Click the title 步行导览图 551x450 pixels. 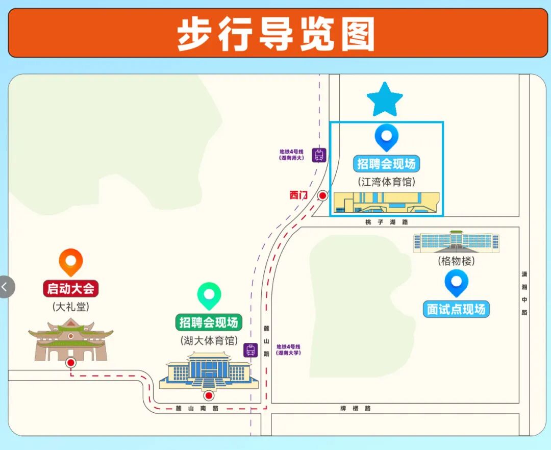(276, 34)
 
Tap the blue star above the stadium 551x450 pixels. (385, 99)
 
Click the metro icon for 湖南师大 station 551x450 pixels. (319, 155)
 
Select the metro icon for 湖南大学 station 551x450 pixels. (251, 350)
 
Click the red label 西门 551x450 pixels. (299, 194)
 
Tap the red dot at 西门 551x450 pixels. (322, 195)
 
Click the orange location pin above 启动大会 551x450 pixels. (71, 262)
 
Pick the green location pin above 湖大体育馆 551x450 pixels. (209, 295)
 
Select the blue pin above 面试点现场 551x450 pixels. (456, 283)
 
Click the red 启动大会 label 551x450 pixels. (70, 288)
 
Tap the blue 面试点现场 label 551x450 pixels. (456, 309)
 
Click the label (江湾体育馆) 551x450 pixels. (386, 182)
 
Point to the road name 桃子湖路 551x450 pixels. (387, 222)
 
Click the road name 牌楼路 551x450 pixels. (356, 408)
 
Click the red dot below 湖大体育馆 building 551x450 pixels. (208, 395)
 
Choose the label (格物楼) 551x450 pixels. (456, 261)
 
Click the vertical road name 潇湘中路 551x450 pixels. (524, 293)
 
